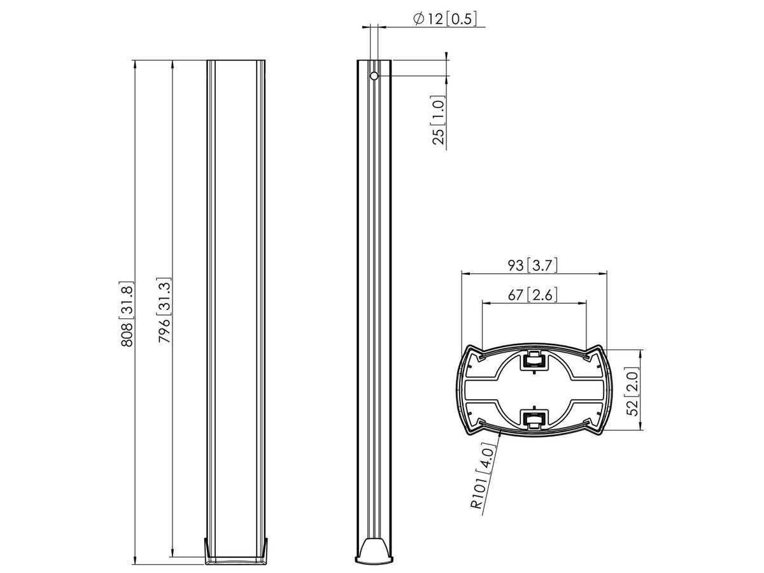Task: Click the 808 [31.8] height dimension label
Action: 128,314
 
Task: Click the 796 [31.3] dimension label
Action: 164,314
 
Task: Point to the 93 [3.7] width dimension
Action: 534,265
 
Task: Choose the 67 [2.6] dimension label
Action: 534,295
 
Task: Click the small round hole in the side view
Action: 374,76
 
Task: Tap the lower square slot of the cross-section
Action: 534,418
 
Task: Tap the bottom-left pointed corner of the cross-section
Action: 467,432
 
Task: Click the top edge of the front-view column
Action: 237,61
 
